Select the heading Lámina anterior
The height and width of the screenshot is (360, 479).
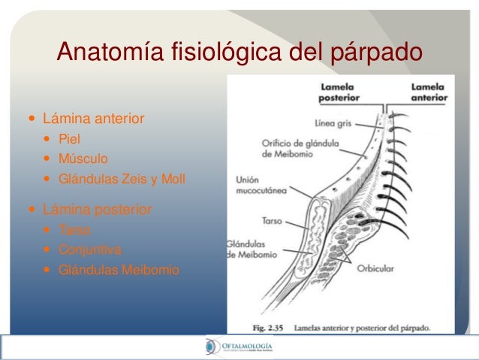94,119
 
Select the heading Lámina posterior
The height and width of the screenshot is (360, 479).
97,209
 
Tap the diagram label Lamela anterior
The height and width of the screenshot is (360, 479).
429,92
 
